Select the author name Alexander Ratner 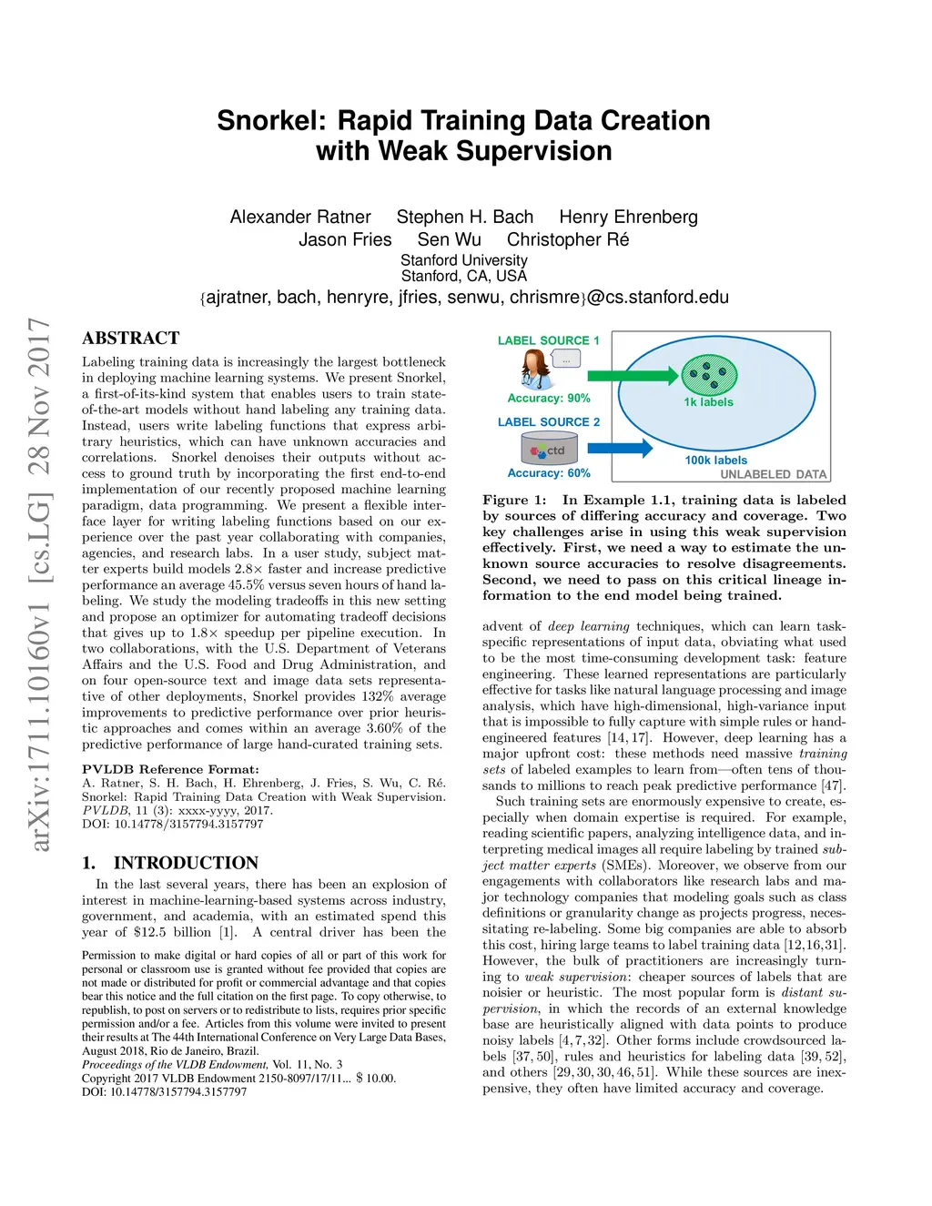click(300, 218)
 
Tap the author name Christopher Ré click(568, 240)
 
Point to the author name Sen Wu click(449, 240)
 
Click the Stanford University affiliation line click(464, 260)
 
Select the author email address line click(464, 298)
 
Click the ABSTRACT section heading click(131, 339)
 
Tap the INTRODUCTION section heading click(186, 863)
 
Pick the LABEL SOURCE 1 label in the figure click(548, 340)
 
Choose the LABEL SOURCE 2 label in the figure click(548, 422)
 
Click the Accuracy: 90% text click(549, 398)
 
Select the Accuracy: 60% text click(549, 473)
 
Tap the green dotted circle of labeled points click(709, 373)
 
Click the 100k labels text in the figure click(715, 461)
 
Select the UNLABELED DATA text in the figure click(774, 474)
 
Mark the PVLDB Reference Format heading click(170, 769)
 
